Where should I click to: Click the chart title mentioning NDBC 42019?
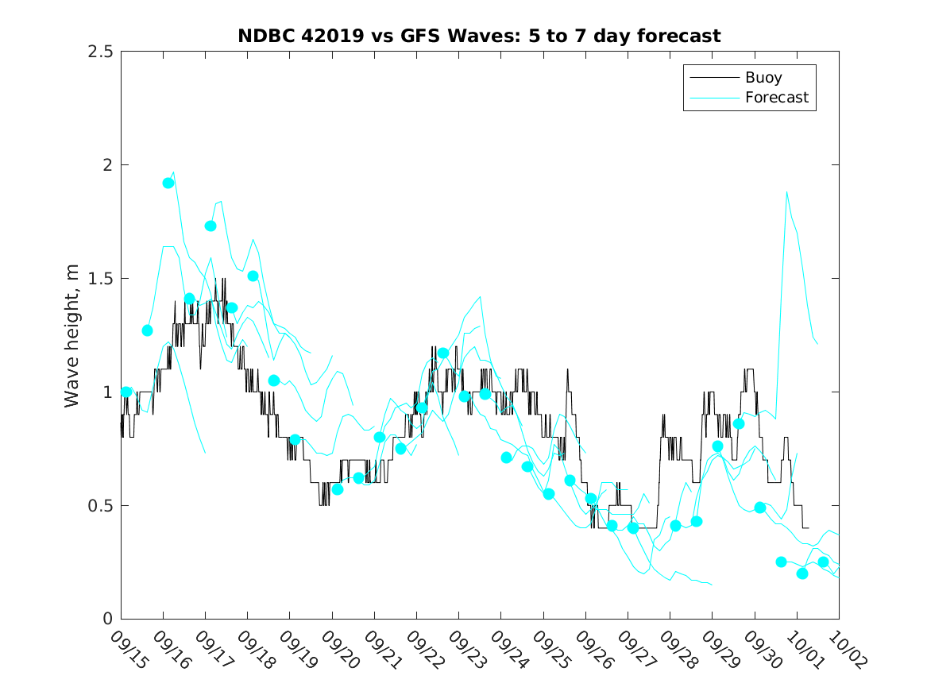479,36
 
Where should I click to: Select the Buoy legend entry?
763,78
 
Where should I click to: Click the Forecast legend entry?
776,98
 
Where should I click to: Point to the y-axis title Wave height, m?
73,335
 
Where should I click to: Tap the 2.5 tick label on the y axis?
99,52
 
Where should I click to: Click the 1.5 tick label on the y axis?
99,279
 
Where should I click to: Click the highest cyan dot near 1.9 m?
168,183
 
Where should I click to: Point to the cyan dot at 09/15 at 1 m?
126,392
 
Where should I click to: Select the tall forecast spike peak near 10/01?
786,192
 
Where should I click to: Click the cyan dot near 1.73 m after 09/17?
211,226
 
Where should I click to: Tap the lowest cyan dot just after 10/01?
802,573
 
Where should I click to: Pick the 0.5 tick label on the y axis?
99,506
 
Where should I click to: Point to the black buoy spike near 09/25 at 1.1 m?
568,370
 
